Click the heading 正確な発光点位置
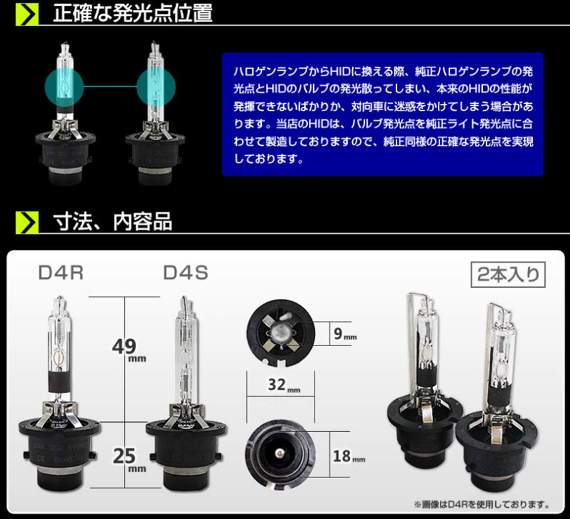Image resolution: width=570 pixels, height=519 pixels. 132,13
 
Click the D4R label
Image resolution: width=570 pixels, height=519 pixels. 61,273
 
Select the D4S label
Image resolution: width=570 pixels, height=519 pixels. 186,273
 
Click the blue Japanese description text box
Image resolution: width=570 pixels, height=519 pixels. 382,114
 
